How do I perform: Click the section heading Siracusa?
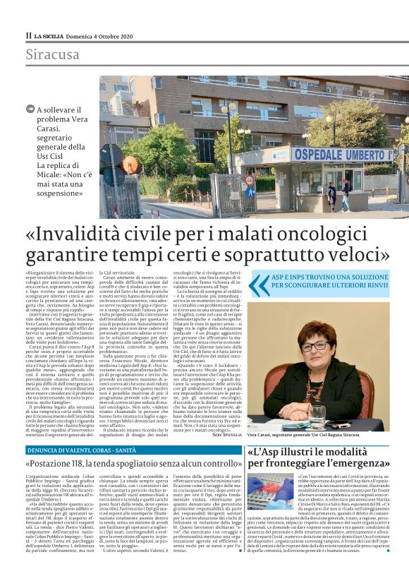tap(53, 54)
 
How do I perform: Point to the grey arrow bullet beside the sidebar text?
tap(30, 109)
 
